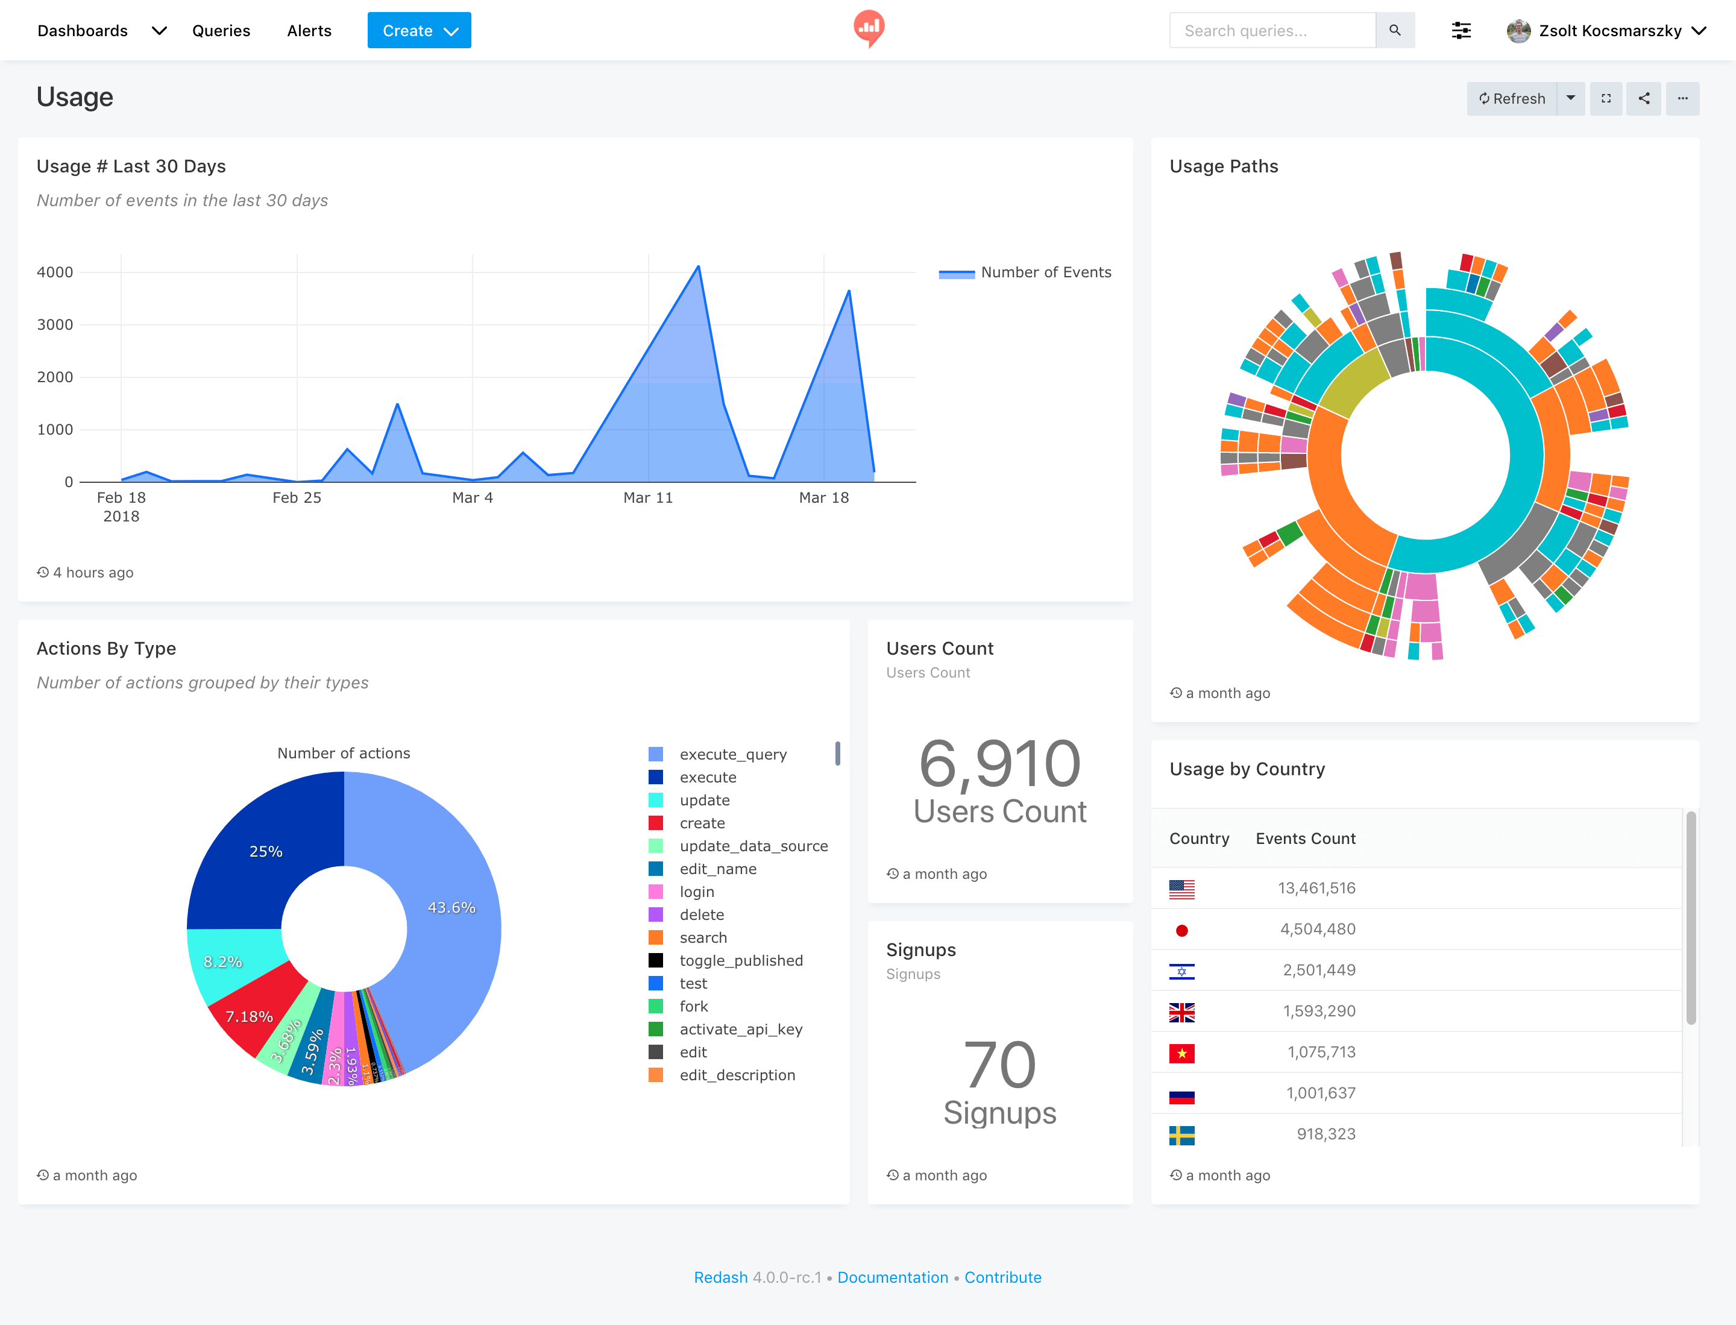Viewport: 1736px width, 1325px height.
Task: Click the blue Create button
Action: point(419,31)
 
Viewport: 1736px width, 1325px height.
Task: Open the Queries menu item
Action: point(221,31)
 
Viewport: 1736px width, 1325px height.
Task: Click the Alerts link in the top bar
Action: point(309,31)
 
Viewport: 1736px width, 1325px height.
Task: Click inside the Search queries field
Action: point(1271,31)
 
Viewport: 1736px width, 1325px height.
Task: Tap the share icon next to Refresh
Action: point(1644,99)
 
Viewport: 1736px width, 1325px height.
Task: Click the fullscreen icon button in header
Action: point(1606,99)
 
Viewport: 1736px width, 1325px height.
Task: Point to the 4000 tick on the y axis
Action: point(55,272)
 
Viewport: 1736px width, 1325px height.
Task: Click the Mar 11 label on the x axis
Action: point(647,498)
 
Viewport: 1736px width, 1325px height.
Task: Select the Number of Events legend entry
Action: point(1045,272)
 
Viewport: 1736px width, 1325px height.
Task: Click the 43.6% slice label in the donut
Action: point(451,908)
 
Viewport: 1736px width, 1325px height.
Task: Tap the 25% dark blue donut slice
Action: point(266,851)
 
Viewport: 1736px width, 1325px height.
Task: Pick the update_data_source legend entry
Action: point(753,846)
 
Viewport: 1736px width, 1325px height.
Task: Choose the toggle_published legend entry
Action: point(741,961)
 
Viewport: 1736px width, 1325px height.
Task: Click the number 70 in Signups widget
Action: point(999,1065)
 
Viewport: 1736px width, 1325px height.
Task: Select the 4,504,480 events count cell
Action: point(1317,929)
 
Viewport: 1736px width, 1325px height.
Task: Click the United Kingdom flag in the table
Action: point(1181,1012)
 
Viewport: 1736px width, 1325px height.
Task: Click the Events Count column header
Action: point(1306,839)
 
